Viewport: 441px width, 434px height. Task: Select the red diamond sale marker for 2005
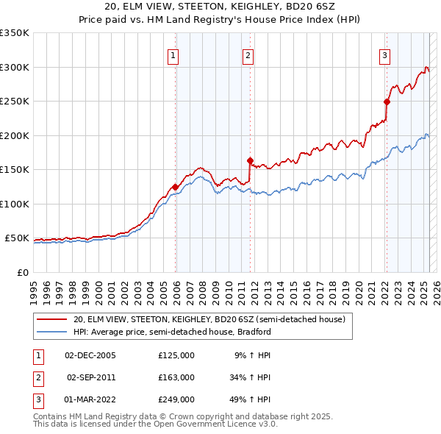click(x=175, y=187)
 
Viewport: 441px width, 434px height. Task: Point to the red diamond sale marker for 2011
click(x=250, y=160)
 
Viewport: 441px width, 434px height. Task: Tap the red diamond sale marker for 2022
click(x=387, y=102)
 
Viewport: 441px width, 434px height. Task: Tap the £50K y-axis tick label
click(x=18, y=238)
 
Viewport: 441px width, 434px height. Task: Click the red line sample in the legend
click(x=51, y=320)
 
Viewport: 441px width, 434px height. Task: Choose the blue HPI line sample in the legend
click(x=51, y=332)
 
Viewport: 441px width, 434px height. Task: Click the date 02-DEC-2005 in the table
click(x=90, y=355)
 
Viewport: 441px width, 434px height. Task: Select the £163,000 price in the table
click(x=176, y=377)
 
